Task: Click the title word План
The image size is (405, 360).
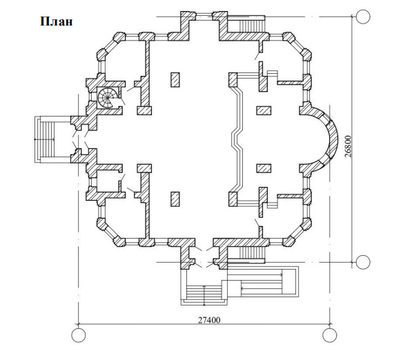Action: click(57, 21)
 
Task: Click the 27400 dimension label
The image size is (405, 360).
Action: click(209, 320)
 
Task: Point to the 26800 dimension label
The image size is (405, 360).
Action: click(348, 146)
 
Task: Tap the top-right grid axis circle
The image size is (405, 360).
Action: click(363, 17)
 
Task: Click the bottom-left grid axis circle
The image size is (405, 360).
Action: click(78, 335)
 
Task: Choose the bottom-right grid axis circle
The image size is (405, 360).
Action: click(330, 335)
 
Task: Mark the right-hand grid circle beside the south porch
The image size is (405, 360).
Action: click(363, 262)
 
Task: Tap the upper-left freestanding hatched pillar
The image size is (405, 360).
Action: click(175, 80)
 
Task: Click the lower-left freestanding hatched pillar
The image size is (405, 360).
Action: click(175, 199)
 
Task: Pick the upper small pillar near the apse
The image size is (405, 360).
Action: click(264, 110)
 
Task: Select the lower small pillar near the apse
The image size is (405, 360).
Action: click(264, 168)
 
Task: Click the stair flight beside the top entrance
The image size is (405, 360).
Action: click(252, 26)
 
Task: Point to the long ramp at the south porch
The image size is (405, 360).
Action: click(262, 281)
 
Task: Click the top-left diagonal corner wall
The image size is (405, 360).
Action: click(109, 46)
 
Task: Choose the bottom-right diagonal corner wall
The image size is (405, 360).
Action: click(297, 232)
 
